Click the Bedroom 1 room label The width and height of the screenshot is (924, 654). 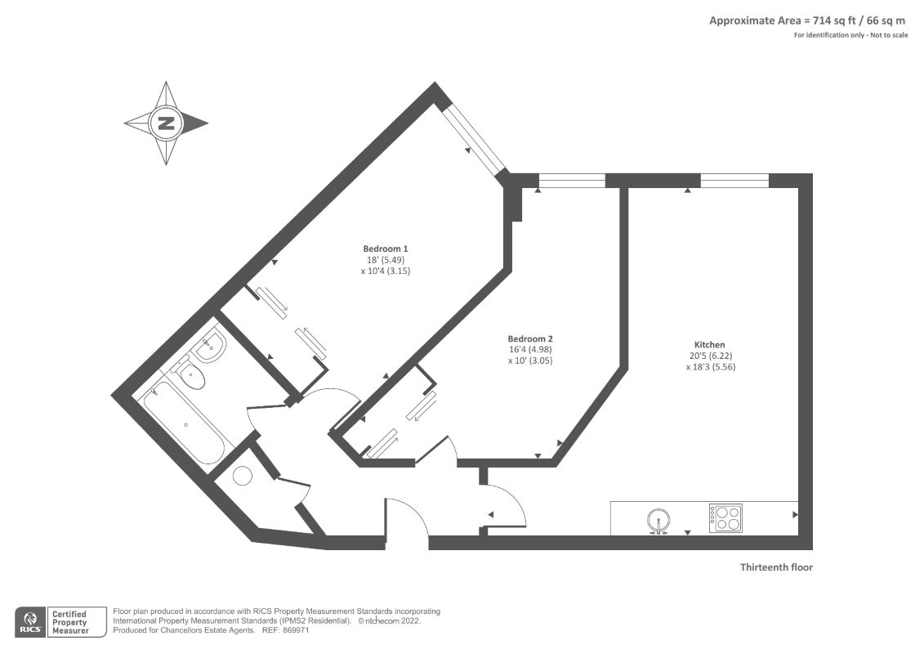pos(386,249)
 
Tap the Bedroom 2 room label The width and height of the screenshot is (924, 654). pos(530,339)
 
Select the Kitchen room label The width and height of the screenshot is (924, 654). pos(709,345)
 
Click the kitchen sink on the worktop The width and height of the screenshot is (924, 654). pos(658,521)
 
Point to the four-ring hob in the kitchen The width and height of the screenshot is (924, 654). pos(725,518)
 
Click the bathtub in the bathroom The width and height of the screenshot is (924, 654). pos(185,423)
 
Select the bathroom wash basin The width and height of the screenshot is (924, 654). pos(208,346)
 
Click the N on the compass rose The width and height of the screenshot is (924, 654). pos(166,123)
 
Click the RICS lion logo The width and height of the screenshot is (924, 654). pos(29,621)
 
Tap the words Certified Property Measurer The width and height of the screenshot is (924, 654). pos(70,623)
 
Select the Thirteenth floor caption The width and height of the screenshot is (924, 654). pos(776,567)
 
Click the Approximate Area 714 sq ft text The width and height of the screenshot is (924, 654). pos(783,20)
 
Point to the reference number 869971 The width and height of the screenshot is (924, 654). pos(297,630)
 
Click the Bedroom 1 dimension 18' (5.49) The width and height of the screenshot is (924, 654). pos(386,260)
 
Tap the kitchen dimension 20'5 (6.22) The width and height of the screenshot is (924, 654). pos(711,356)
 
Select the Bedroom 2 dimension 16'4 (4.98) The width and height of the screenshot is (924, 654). pos(530,350)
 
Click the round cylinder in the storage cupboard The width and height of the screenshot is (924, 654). pos(242,476)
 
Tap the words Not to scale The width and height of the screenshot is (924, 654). pos(888,35)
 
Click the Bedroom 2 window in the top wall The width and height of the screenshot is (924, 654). pos(572,181)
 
